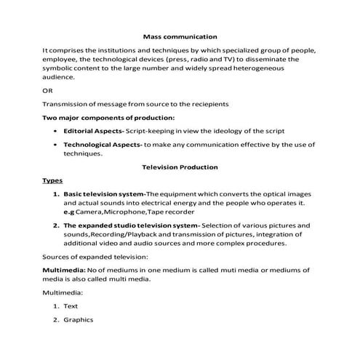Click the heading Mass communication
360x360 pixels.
point(180,36)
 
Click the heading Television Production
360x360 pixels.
point(180,167)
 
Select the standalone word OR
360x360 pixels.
point(48,91)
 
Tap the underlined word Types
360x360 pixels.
point(52,180)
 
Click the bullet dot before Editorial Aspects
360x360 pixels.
point(57,131)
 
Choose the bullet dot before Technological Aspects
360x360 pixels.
point(57,145)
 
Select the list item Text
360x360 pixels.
point(71,306)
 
